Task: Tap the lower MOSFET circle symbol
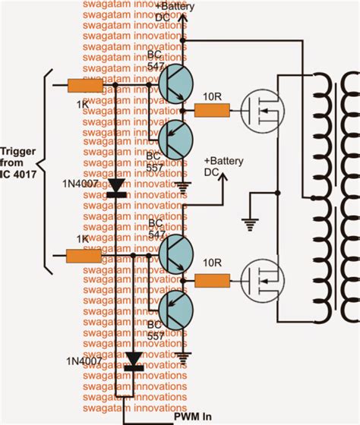pos(257,282)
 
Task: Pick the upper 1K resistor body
pos(84,86)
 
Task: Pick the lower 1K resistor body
pos(84,256)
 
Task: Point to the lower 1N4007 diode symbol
pos(135,360)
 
